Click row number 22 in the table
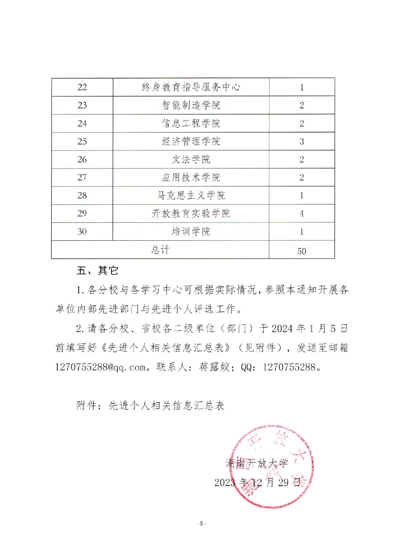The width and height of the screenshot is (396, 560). pyautogui.click(x=82, y=87)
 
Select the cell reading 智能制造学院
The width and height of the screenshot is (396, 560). pyautogui.click(x=191, y=105)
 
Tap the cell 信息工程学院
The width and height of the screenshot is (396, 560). pyautogui.click(x=191, y=123)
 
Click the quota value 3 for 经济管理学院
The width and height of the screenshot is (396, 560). pyautogui.click(x=301, y=141)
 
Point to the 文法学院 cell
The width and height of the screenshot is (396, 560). pyautogui.click(x=191, y=159)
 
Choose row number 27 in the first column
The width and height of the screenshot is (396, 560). pyautogui.click(x=82, y=177)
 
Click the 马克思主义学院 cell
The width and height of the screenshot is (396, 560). pyautogui.click(x=191, y=195)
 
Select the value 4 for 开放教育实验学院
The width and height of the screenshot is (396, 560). pyautogui.click(x=301, y=213)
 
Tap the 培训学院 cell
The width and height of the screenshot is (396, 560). pyautogui.click(x=191, y=231)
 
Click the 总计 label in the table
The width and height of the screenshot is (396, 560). pyautogui.click(x=160, y=249)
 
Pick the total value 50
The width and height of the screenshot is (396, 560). pyautogui.click(x=301, y=251)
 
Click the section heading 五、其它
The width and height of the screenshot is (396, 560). pyautogui.click(x=98, y=270)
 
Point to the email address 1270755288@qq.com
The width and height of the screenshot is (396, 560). pyautogui.click(x=101, y=367)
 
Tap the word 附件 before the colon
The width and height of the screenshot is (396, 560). pyautogui.click(x=87, y=405)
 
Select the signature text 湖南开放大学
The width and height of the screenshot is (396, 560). pyautogui.click(x=257, y=463)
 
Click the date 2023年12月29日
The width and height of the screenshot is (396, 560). pyautogui.click(x=258, y=482)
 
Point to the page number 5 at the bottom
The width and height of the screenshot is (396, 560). pyautogui.click(x=201, y=523)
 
